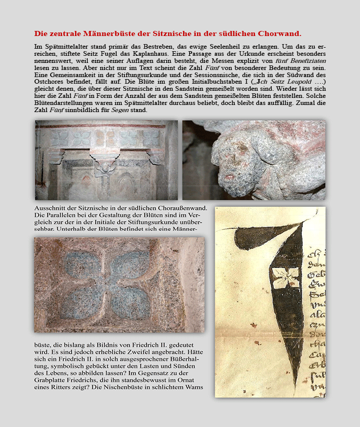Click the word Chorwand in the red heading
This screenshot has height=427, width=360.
pos(279,34)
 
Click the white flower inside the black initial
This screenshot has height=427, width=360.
pos(285,277)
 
